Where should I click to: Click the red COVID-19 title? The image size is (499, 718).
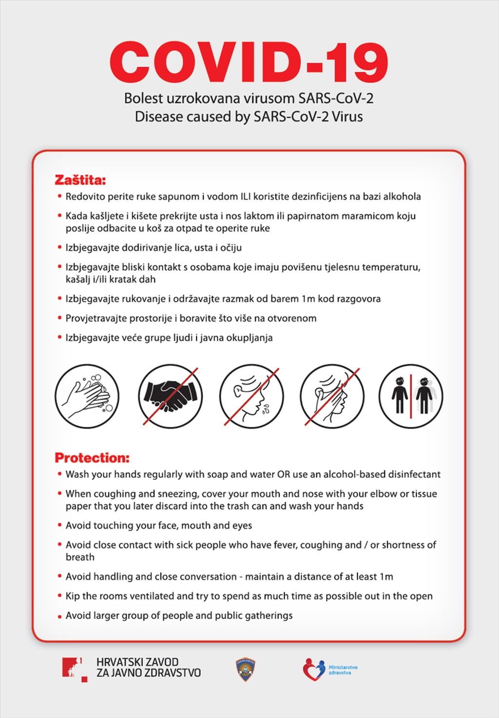coord(249,62)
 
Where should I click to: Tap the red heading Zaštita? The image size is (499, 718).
coord(80,180)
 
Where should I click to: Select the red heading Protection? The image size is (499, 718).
coord(92,458)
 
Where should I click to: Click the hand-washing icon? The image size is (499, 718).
coord(87,396)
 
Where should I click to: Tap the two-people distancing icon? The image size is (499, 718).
coord(411,396)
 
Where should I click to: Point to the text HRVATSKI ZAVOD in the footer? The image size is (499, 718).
coord(137,662)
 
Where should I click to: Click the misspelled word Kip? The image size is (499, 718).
coord(73,596)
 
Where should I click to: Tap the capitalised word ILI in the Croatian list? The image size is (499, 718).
coord(246,197)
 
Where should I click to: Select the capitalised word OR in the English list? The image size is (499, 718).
coord(284,474)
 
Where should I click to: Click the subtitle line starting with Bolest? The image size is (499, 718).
coord(249,98)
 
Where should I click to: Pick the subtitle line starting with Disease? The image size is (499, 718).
coord(249,117)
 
